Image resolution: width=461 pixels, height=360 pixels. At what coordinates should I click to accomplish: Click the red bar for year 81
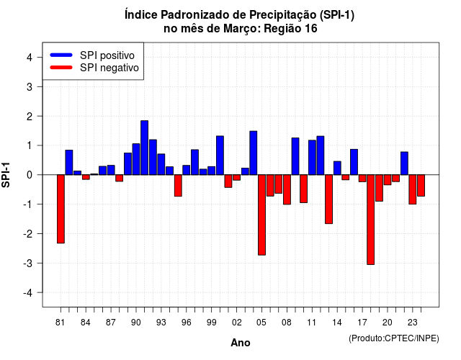61,209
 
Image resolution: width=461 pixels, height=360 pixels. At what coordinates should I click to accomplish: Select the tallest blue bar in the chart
144,148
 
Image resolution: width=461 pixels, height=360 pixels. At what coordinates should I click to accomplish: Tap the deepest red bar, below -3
370,220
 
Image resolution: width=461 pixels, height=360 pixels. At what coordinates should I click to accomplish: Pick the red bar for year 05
261,215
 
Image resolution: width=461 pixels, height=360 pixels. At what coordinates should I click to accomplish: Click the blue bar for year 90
136,159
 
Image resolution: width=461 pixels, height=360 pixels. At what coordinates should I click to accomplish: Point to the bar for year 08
287,189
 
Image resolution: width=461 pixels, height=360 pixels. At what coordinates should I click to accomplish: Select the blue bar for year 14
337,168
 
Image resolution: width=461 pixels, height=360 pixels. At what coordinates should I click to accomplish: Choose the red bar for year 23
413,189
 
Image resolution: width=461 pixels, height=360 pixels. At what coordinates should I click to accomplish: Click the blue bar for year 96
187,170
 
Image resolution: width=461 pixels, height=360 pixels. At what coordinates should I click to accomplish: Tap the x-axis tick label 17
362,323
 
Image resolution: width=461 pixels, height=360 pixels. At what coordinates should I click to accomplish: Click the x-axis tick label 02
237,323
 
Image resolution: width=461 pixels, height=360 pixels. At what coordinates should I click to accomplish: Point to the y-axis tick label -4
28,293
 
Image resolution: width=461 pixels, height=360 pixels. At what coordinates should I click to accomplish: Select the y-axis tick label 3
30,86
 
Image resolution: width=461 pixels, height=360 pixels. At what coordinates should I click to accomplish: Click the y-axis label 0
30,175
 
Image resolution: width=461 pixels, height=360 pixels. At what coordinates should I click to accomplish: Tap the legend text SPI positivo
107,55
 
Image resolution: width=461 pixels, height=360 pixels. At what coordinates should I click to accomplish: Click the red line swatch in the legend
61,68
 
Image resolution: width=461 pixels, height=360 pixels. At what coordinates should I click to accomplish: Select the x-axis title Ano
241,343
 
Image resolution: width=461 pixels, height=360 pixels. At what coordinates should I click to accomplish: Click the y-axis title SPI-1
6,175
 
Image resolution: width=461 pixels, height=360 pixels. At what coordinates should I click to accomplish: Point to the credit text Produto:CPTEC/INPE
394,338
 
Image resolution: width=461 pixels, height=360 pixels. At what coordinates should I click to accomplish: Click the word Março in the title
241,29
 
